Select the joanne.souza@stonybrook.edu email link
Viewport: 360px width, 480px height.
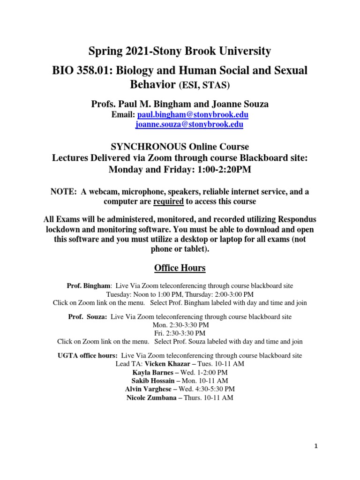189,125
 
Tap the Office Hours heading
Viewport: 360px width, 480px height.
180,268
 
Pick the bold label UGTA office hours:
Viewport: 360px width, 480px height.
88,355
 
